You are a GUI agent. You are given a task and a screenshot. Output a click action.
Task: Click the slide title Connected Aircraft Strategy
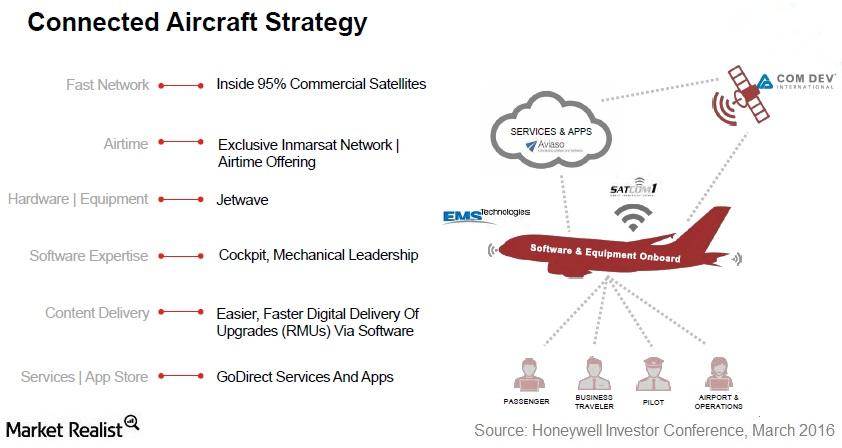[197, 22]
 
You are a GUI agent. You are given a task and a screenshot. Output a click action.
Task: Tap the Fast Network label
[107, 85]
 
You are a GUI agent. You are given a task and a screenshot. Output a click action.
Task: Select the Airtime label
[125, 144]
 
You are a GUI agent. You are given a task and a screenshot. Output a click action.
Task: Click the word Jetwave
[242, 200]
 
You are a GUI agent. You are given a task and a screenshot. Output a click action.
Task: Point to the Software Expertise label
[88, 256]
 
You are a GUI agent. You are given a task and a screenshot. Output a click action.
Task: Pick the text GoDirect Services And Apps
[305, 377]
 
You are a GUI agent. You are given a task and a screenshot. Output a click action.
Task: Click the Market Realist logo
[70, 427]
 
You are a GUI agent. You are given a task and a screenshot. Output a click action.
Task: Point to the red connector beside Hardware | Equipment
[181, 200]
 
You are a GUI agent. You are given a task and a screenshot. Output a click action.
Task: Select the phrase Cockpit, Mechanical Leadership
[318, 255]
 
